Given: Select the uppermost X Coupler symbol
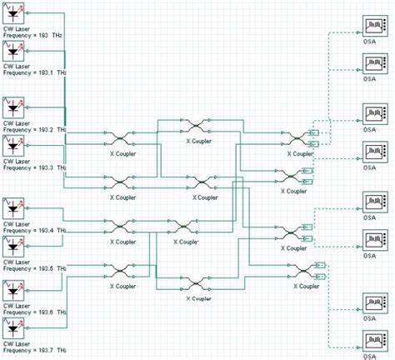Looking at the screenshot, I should pos(196,126).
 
